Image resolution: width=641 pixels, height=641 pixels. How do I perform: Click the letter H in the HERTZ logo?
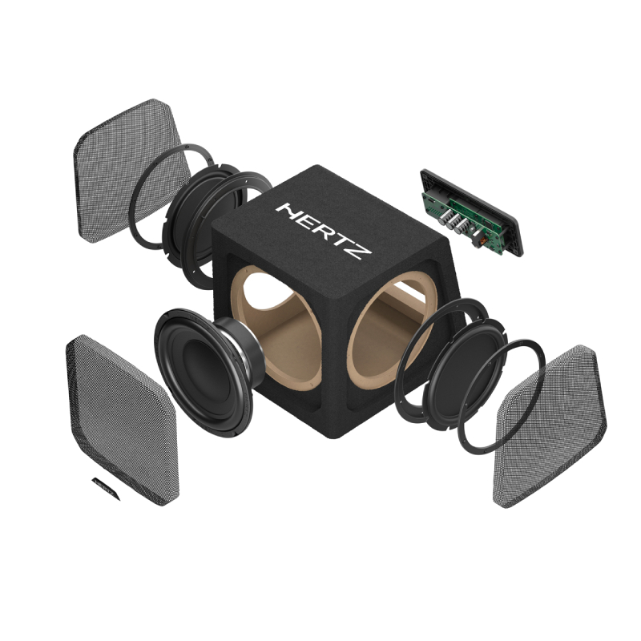pos(288,212)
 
